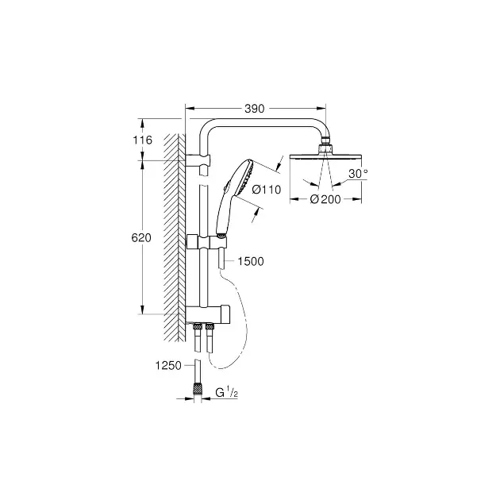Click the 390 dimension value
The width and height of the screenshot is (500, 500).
(x=255, y=109)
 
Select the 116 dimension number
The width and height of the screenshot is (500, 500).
(x=143, y=140)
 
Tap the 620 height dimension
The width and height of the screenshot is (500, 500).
(x=141, y=238)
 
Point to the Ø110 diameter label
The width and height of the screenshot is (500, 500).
(x=266, y=190)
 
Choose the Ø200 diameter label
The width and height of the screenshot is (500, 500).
(x=325, y=199)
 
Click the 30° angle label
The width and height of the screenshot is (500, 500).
(x=358, y=174)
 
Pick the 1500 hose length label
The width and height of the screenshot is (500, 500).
(x=251, y=261)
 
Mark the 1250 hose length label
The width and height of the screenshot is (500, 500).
(x=168, y=365)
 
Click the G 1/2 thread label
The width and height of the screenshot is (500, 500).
(x=226, y=393)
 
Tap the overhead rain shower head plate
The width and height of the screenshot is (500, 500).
(x=325, y=156)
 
